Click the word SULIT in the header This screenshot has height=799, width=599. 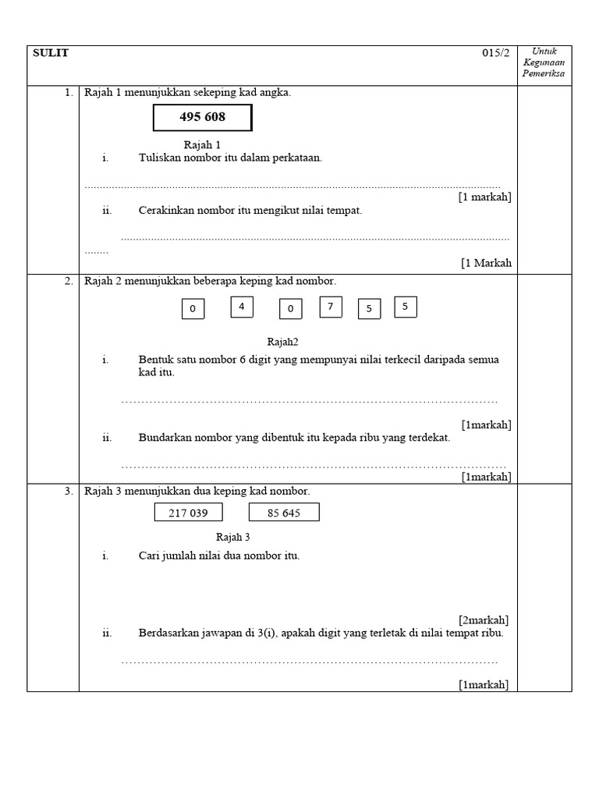pyautogui.click(x=51, y=53)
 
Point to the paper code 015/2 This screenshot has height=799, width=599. pyautogui.click(x=495, y=53)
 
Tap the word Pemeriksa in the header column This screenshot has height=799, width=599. pyautogui.click(x=544, y=74)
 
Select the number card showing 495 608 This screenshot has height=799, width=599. pyautogui.click(x=202, y=118)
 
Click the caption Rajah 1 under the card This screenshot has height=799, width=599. pyautogui.click(x=202, y=144)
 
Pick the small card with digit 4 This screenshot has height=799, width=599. pyautogui.click(x=242, y=307)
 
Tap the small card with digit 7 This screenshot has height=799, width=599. pyautogui.click(x=331, y=307)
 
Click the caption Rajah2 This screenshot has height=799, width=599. pyautogui.click(x=282, y=342)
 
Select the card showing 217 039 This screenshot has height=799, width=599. pyautogui.click(x=188, y=513)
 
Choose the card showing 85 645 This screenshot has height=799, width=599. pyautogui.click(x=284, y=513)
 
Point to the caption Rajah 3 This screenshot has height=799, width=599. pyautogui.click(x=232, y=537)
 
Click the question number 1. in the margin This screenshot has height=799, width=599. pyautogui.click(x=69, y=93)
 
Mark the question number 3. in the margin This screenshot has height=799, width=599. pyautogui.click(x=69, y=491)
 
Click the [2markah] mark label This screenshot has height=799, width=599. pyautogui.click(x=484, y=620)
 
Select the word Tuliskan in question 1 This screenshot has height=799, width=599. pyautogui.click(x=159, y=158)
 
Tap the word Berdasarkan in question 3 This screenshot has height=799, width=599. pyautogui.click(x=168, y=633)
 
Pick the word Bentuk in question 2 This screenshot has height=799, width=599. pyautogui.click(x=154, y=360)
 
